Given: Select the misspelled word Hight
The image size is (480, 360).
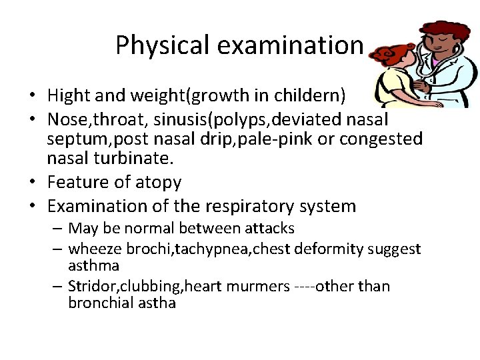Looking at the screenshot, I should (69, 96).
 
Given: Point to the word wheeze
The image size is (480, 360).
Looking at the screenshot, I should (93, 249).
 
